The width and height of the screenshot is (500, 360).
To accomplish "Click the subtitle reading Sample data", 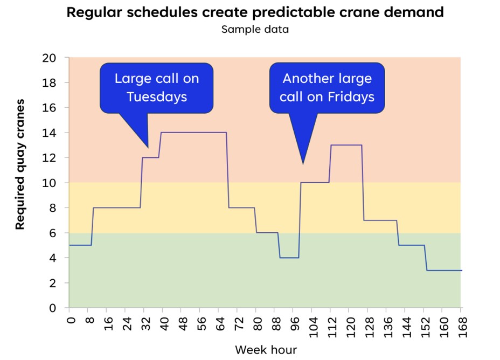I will point(255,29).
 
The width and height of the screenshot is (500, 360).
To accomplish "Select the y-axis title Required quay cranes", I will point(20,164).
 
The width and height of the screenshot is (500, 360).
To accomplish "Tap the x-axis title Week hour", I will point(266,349).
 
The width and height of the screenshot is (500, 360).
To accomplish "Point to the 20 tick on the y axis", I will point(55,58).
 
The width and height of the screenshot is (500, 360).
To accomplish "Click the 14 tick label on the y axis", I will point(55,133).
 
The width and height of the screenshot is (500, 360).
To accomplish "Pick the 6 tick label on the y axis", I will point(59,233).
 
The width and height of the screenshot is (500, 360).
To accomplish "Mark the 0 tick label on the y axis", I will point(59,308).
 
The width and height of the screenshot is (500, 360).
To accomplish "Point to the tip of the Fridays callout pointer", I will point(303,163).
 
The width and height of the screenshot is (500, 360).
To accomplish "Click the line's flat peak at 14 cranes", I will point(193,133).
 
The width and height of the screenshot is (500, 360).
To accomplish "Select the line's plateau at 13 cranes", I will point(346,145).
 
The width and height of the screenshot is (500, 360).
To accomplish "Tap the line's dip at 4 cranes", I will point(289,258).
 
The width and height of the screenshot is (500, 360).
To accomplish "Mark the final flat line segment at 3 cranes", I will point(444,270).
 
